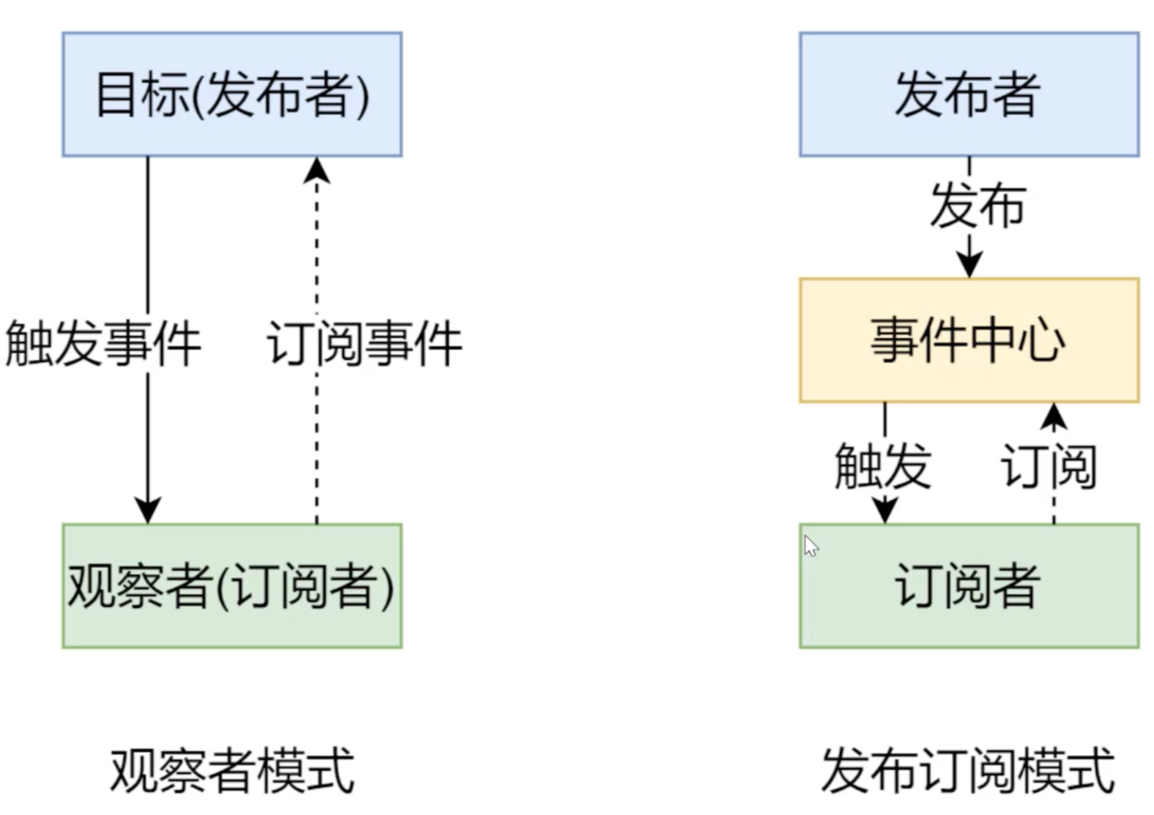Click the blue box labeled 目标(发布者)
click(x=231, y=94)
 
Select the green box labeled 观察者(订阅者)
click(x=231, y=586)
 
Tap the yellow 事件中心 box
click(x=968, y=340)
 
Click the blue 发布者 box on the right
click(x=968, y=94)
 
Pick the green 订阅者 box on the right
click(x=968, y=586)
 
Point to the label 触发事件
click(x=103, y=343)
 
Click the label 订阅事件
click(x=364, y=343)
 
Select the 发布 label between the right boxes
click(x=978, y=205)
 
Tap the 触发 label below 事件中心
click(x=882, y=465)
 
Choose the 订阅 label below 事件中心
click(x=1049, y=465)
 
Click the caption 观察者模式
click(x=232, y=771)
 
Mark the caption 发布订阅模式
click(x=968, y=771)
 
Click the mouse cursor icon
click(x=810, y=546)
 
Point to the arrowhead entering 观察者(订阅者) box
click(x=148, y=510)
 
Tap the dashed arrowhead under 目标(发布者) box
click(x=316, y=170)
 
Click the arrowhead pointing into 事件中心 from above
click(x=969, y=265)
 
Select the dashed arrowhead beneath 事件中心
click(x=1054, y=416)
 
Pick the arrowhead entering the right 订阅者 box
click(x=885, y=510)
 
